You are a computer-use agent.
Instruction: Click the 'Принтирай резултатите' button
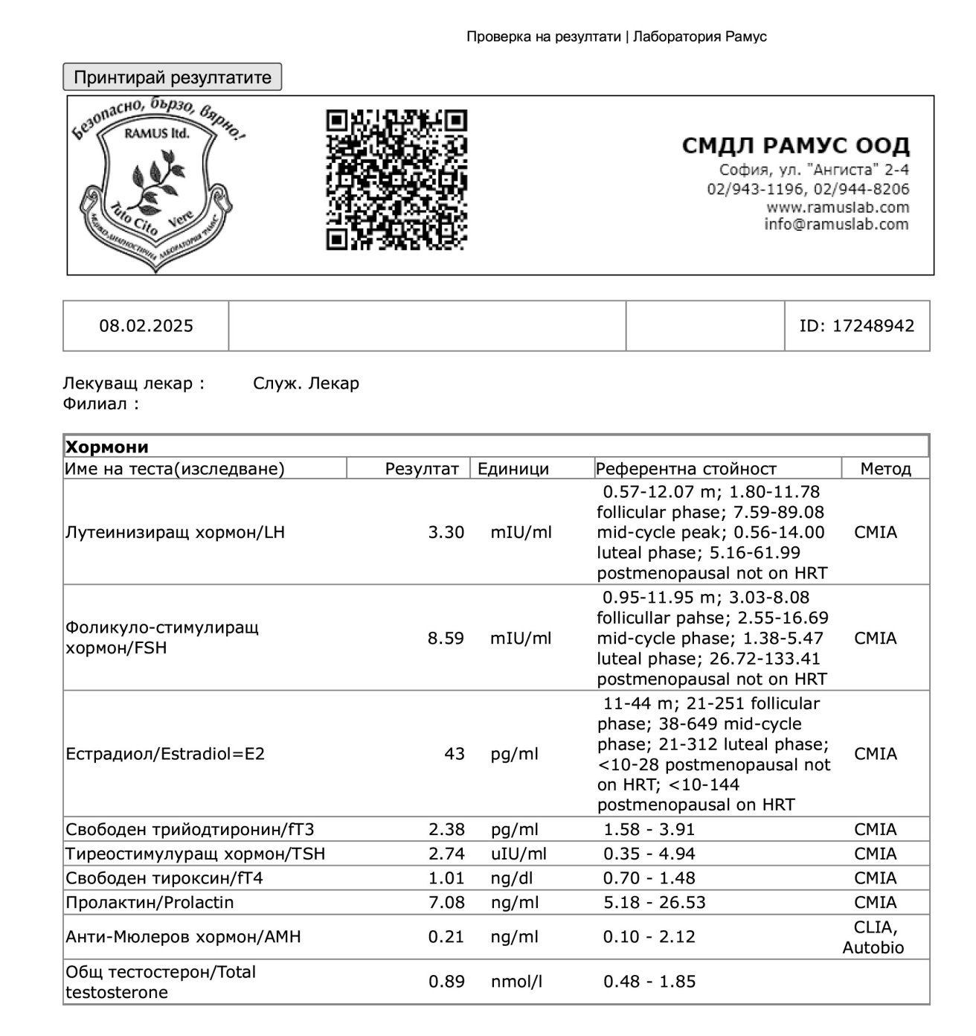coord(172,77)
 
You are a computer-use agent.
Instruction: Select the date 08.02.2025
coord(146,325)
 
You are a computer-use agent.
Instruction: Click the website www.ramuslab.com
coord(837,207)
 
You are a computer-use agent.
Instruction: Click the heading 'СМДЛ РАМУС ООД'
coord(795,146)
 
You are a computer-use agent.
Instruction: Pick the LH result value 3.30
coord(446,532)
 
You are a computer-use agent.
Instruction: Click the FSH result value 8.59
coord(446,638)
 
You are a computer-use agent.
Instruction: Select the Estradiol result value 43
coord(454,754)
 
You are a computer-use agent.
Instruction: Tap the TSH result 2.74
coord(446,854)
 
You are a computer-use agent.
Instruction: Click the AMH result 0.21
coord(446,936)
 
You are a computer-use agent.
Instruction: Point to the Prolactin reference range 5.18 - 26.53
coord(654,902)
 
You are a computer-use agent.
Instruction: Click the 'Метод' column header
coord(885,469)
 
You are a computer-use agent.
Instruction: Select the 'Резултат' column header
coord(422,469)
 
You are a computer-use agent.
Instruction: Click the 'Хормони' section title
coord(107,447)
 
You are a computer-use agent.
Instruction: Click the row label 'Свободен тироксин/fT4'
coord(164,878)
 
